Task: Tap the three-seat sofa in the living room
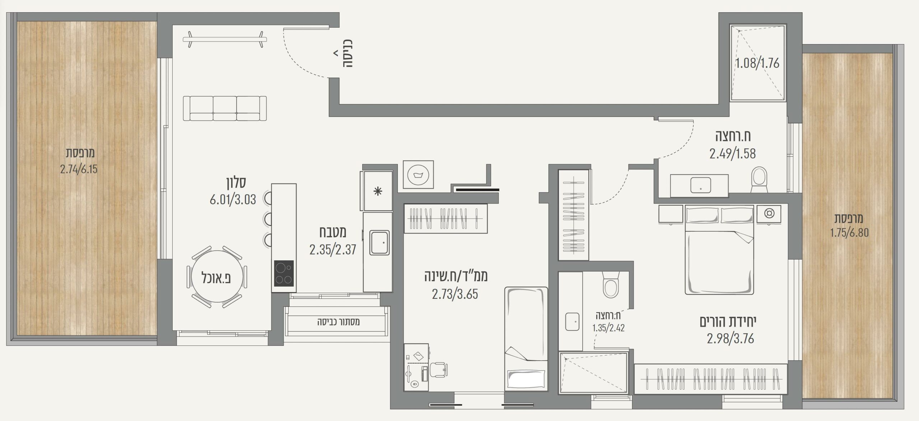click(225, 108)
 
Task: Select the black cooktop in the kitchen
click(284, 273)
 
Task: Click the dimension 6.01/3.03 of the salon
click(233, 200)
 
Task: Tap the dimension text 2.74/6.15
click(79, 169)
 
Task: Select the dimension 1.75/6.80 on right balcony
click(850, 233)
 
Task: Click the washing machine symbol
click(418, 175)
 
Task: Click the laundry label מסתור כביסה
click(339, 322)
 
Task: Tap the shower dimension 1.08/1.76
click(757, 64)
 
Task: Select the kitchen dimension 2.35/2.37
click(333, 250)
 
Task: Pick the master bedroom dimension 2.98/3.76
click(731, 339)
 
